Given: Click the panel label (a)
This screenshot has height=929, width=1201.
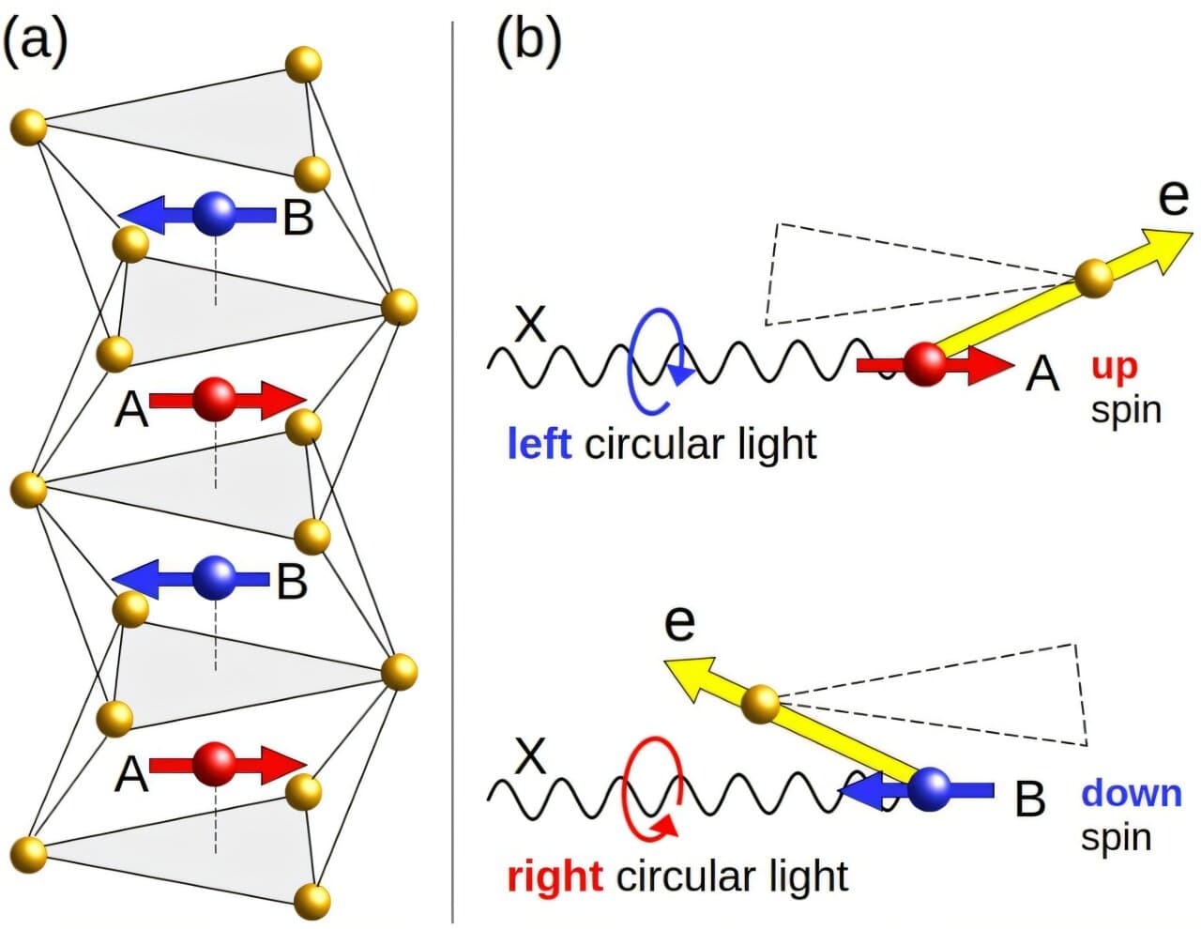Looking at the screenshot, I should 36,43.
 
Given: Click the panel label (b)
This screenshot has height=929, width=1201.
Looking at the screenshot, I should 528,43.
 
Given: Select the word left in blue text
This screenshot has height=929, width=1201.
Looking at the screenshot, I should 540,444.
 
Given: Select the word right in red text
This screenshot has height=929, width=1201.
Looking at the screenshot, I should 554,876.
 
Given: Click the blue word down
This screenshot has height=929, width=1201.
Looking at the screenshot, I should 1131,794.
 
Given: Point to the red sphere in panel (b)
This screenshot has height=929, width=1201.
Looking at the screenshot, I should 925,364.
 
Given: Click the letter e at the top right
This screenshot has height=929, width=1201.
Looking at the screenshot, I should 1173,197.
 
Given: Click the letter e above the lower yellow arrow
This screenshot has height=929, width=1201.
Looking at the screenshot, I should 679,622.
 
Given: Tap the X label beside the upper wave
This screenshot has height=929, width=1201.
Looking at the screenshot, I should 531,325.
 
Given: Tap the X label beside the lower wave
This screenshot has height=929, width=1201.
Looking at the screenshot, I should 531,754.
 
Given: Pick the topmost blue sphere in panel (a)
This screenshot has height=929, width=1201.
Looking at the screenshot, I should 215,214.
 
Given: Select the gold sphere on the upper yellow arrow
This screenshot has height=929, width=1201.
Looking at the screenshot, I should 1093,279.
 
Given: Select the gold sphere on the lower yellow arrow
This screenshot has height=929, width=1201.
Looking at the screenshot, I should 761,704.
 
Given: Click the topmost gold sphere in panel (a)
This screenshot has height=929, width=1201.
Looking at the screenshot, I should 302,65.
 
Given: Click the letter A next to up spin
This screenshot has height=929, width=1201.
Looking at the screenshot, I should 1041,374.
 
